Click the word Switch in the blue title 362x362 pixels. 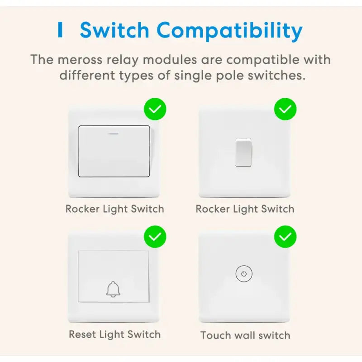114,30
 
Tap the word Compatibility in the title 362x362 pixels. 230,31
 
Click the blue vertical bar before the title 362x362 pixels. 60,29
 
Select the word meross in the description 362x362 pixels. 80,60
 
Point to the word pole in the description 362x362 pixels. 230,76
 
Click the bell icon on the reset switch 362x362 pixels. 113,289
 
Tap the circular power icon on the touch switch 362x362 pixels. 244,274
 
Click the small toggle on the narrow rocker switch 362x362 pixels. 243,152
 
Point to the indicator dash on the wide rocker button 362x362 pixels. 114,133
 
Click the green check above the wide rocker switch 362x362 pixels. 155,109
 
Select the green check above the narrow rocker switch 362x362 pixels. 285,109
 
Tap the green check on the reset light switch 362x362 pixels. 155,237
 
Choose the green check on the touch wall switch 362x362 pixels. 285,237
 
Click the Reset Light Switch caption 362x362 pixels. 115,334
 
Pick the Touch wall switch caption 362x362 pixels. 245,335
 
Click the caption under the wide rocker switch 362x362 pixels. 115,209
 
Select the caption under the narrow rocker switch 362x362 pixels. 245,209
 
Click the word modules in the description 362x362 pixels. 170,60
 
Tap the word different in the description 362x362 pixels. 87,76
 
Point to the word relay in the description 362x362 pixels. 122,61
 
